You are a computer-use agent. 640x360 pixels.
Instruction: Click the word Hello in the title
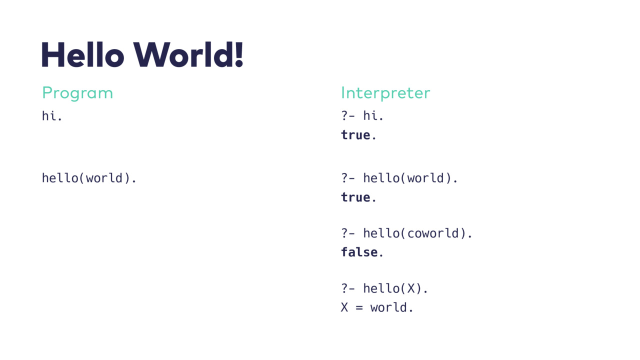point(83,54)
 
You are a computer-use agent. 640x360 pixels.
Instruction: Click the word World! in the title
point(188,54)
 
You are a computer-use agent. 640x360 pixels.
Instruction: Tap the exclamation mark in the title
point(239,54)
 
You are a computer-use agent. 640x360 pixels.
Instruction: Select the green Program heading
point(77,93)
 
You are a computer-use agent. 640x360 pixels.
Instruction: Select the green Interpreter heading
point(385,93)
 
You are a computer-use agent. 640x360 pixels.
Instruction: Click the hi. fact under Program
point(51,116)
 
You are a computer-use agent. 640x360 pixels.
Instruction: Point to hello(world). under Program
point(89,178)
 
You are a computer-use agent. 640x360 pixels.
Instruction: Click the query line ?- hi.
point(362,115)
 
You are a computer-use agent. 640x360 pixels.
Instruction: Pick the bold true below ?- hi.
point(355,135)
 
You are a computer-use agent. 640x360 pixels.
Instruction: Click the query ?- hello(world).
point(399,178)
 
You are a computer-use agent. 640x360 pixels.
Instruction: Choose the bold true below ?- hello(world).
point(355,197)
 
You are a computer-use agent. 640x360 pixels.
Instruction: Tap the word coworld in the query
point(433,233)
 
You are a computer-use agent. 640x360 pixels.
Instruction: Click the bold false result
point(359,252)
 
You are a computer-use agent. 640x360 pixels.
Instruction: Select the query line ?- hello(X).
point(384,288)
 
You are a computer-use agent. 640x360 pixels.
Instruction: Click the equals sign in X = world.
point(359,307)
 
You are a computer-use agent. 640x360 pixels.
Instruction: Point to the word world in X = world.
point(388,307)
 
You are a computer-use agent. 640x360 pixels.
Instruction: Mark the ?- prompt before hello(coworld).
point(347,233)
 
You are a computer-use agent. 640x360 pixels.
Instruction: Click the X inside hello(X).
point(411,288)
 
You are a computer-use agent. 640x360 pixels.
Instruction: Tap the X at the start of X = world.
point(344,307)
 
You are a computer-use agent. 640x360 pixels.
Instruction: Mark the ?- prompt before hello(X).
point(347,288)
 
